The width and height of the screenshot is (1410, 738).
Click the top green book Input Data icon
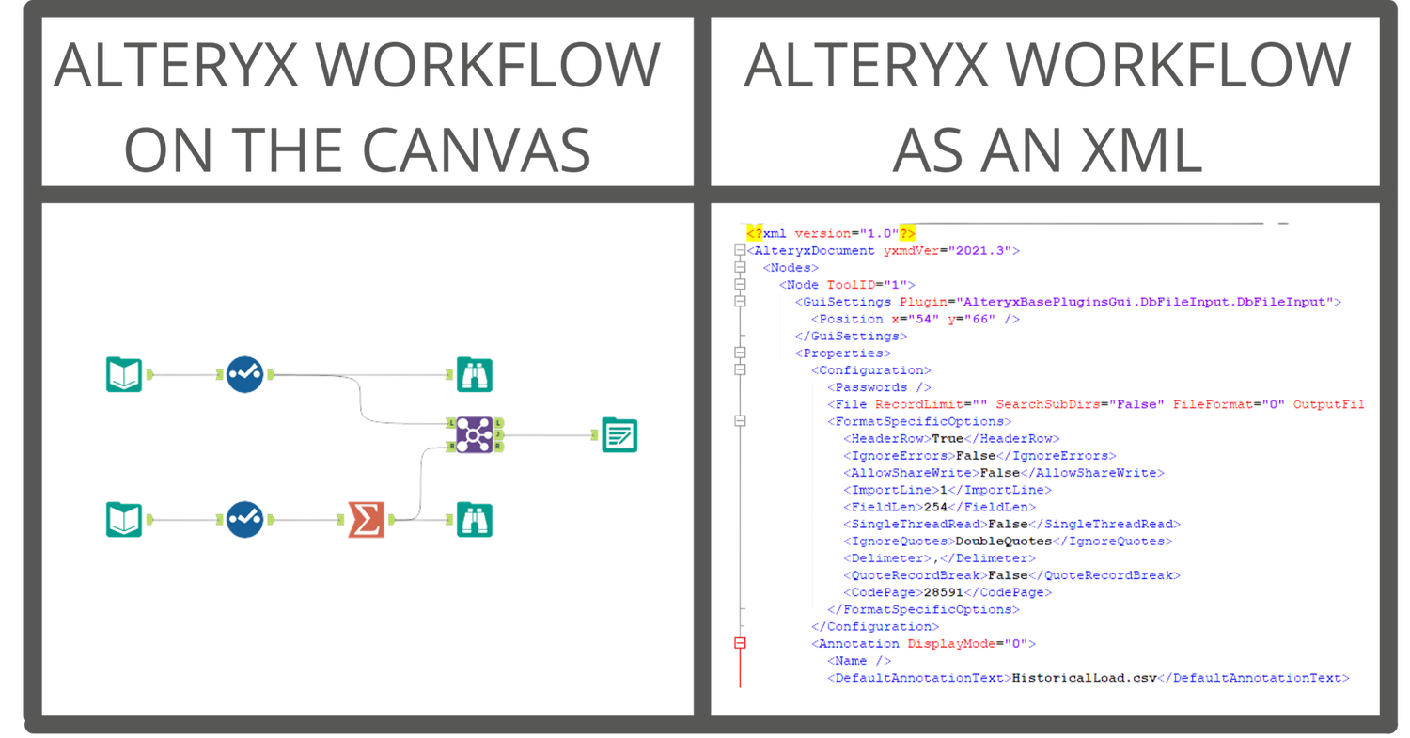(124, 374)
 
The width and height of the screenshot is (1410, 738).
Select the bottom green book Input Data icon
(124, 519)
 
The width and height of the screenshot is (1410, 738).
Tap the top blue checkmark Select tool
(244, 374)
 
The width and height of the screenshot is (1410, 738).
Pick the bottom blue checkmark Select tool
(244, 519)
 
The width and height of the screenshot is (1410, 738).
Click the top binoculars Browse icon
(475, 374)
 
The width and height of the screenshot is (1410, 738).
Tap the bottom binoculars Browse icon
(475, 519)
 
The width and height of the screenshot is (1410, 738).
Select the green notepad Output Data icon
(619, 434)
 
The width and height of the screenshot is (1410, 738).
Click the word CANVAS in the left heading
(475, 148)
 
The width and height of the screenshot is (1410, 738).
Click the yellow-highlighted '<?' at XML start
(753, 233)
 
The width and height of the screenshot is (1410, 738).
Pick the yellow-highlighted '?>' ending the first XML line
(906, 233)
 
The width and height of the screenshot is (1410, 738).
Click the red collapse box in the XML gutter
(740, 643)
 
